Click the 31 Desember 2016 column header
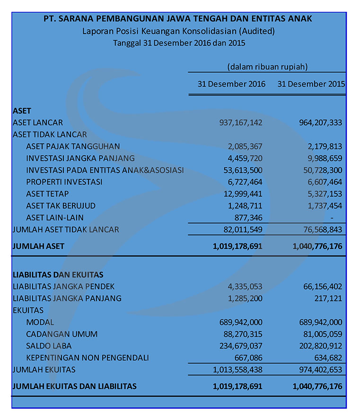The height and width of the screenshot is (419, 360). click(x=231, y=84)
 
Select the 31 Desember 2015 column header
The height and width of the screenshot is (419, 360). click(x=311, y=84)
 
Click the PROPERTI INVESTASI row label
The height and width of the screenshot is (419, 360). click(x=64, y=182)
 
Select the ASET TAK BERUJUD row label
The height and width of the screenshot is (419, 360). click(x=61, y=206)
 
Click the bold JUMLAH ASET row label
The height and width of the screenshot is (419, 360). click(x=38, y=246)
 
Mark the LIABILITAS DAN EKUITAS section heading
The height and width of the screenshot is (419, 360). click(x=58, y=275)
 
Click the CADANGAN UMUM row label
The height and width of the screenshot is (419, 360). click(x=62, y=334)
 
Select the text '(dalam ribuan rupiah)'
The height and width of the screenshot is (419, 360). click(x=267, y=67)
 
